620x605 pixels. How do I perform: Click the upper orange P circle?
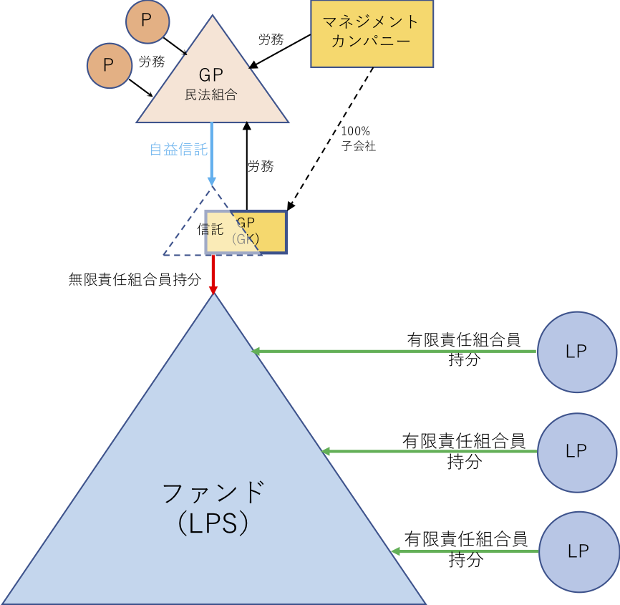146,21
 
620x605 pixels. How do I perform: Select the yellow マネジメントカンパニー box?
372,34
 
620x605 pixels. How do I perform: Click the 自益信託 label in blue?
178,150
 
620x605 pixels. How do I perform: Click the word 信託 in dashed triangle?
210,230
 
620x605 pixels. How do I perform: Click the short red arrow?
213,274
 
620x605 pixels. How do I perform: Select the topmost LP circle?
576,352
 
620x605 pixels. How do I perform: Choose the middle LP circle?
576,451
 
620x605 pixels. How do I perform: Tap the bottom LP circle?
578,551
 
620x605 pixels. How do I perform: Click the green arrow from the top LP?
394,352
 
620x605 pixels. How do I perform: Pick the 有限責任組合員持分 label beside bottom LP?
465,548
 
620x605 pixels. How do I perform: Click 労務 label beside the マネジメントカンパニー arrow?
271,40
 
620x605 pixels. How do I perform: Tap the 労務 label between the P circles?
152,62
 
